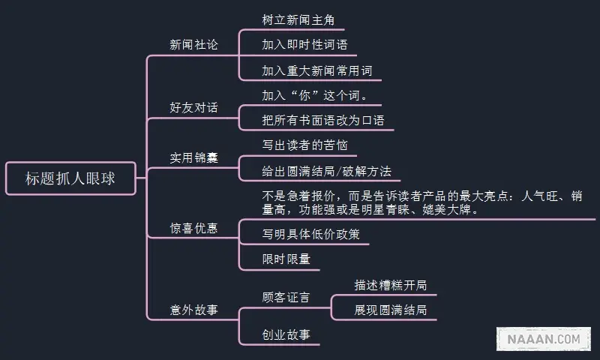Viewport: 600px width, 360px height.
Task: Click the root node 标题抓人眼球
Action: (70, 178)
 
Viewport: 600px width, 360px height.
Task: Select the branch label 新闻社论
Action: (193, 45)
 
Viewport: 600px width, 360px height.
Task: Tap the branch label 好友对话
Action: (193, 108)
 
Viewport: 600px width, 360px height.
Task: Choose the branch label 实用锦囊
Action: (193, 158)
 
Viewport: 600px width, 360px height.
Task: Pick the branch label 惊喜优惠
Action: (193, 228)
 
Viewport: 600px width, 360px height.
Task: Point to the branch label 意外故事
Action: (193, 308)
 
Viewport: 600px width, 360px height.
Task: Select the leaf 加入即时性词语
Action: (304, 45)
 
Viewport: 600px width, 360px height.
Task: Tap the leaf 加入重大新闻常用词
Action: (316, 71)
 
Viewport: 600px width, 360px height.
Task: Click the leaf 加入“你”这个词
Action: (315, 96)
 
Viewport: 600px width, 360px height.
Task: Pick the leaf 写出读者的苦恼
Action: (304, 145)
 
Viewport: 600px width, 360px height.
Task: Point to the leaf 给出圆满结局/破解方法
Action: (326, 171)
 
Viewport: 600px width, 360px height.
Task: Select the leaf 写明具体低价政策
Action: (310, 234)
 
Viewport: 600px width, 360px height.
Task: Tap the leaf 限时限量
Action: (286, 259)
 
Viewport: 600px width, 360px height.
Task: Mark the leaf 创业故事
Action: (286, 334)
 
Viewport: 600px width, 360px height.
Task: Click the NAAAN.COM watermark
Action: (544, 339)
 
